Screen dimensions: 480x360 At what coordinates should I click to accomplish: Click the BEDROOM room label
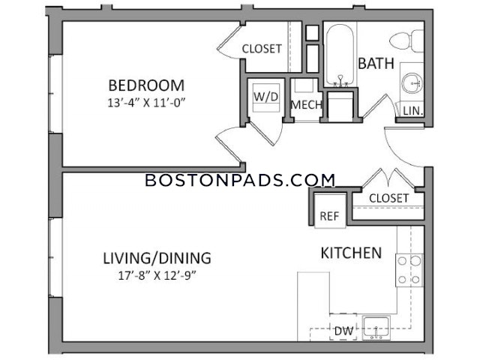146,85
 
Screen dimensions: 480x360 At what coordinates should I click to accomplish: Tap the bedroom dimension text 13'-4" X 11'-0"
147,103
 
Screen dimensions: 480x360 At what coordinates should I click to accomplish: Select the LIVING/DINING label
157,258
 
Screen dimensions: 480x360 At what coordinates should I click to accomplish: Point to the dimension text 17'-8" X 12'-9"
157,276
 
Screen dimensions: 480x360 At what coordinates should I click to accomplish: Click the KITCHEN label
351,253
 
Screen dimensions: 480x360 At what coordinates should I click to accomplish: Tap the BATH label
376,63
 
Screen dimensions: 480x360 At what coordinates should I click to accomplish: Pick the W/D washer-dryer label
266,97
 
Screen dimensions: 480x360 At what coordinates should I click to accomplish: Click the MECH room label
307,105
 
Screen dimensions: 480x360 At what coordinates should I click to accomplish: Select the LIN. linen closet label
413,111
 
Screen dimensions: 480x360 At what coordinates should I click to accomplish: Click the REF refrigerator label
329,216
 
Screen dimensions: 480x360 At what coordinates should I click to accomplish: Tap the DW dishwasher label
343,331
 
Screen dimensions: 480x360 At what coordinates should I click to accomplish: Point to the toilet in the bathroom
406,40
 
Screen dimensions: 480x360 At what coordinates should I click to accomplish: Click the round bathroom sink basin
412,82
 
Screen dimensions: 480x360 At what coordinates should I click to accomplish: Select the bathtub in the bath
340,55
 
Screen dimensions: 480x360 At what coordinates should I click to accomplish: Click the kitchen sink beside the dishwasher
376,328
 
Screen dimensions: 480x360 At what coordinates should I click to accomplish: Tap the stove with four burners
409,270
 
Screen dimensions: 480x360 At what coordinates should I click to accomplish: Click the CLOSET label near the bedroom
262,49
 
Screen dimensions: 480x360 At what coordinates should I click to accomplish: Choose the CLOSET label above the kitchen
388,198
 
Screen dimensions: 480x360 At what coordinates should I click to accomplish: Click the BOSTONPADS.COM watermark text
240,180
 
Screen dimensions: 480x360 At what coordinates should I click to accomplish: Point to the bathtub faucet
340,80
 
